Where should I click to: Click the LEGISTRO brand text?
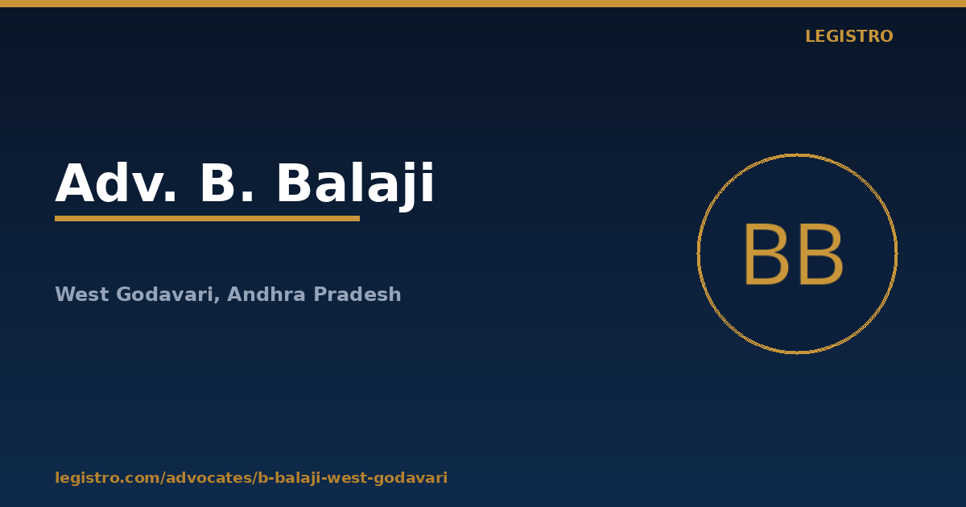point(849,36)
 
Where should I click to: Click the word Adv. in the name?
point(116,183)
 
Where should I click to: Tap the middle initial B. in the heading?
point(227,183)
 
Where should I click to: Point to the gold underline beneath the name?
point(207,219)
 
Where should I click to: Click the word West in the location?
point(82,295)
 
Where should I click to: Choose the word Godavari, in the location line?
point(168,295)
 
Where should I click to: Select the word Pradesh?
point(357,294)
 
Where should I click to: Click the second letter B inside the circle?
point(821,254)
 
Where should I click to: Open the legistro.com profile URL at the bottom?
point(251,478)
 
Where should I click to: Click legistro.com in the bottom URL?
point(108,478)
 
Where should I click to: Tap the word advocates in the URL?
point(209,478)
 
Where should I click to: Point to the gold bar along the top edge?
point(483,3)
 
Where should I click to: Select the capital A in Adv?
point(74,183)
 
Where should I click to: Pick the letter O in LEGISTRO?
point(885,36)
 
